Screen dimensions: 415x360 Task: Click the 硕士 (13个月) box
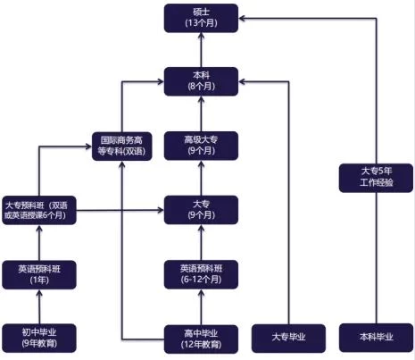[201, 18]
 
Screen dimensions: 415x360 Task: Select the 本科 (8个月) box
[201, 81]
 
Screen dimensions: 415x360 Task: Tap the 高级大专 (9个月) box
[201, 146]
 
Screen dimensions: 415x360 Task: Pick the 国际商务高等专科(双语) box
[122, 147]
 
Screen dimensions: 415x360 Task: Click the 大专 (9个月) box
[201, 210]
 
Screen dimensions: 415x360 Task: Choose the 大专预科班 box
[39, 210]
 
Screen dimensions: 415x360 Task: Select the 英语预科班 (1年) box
[39, 274]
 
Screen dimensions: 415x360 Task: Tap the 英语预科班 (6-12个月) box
[201, 274]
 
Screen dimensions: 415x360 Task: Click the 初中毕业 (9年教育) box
[39, 338]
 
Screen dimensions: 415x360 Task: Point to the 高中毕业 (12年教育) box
[201, 339]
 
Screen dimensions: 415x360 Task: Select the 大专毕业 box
[288, 339]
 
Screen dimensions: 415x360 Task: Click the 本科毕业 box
[376, 338]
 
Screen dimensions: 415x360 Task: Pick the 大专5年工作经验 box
[376, 178]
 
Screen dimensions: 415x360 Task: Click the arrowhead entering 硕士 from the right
[242, 19]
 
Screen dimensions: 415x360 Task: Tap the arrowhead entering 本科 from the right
[242, 81]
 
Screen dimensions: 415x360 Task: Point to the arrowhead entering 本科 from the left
[161, 81]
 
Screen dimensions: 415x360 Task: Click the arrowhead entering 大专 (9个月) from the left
[161, 210]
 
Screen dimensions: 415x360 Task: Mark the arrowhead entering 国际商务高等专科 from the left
[88, 147]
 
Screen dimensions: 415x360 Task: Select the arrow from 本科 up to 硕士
[201, 50]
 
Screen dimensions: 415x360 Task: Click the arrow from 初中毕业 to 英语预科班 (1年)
[39, 306]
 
